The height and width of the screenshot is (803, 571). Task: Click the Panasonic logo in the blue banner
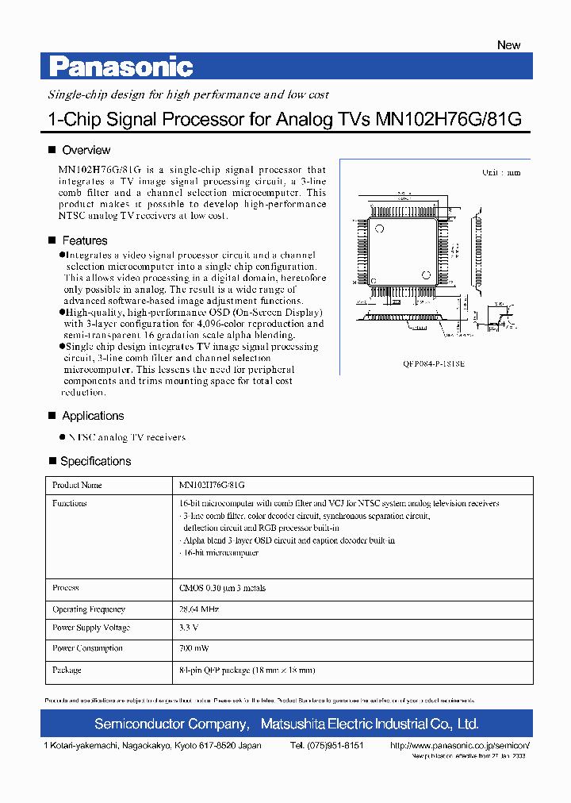121,67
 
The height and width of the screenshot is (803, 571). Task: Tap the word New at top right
508,45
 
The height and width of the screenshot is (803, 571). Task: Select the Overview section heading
86,150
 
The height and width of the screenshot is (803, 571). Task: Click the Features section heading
84,240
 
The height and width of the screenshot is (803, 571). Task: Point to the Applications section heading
93,416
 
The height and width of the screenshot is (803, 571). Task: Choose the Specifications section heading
95,461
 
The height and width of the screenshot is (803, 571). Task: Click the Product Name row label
77,485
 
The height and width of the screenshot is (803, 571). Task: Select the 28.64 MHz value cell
199,609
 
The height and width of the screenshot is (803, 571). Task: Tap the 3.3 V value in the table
189,628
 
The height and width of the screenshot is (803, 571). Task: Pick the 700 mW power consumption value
194,648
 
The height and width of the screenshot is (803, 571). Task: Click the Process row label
66,588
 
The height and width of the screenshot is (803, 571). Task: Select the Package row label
67,670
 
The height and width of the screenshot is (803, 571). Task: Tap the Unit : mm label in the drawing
501,172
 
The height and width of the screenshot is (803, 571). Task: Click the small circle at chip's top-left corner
380,229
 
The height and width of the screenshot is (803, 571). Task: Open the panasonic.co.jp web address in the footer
460,746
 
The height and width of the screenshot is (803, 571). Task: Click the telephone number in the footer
327,746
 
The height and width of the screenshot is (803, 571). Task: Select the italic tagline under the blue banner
189,94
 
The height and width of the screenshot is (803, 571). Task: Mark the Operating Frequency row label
89,609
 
